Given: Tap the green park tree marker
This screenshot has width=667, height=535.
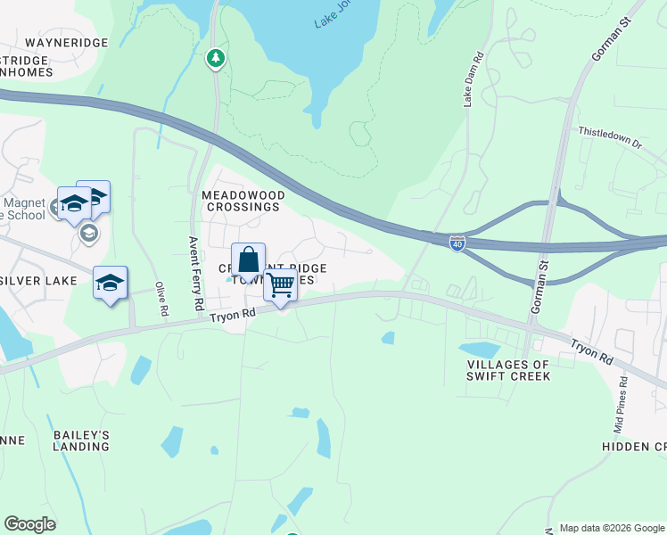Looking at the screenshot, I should click(x=215, y=59).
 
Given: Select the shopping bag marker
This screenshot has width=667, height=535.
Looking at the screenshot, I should click(x=249, y=261).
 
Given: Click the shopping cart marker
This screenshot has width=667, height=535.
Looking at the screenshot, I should click(x=280, y=286).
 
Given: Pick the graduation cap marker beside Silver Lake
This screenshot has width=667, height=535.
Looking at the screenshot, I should click(x=110, y=283).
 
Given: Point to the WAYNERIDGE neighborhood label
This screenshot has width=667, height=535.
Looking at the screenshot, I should click(x=67, y=43).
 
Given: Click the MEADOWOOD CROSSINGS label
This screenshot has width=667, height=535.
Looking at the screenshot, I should click(x=241, y=201).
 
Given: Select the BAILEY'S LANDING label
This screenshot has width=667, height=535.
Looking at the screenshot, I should click(x=81, y=440).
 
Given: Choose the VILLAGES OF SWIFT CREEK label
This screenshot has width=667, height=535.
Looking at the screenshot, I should click(x=508, y=370).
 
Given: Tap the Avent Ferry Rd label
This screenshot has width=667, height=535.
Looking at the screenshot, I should click(x=196, y=273).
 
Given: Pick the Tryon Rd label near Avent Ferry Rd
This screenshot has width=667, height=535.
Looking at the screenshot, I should click(x=233, y=314).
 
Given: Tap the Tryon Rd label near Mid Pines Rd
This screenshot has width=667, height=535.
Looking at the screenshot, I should click(x=592, y=349).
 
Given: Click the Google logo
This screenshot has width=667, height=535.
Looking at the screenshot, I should click(x=29, y=524).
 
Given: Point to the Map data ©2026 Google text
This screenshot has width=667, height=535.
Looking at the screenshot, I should click(x=612, y=528).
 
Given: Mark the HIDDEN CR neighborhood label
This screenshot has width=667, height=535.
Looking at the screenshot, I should click(x=632, y=446).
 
